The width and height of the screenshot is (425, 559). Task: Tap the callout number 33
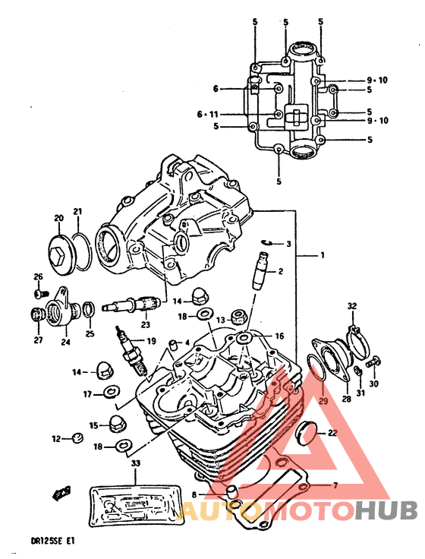pos(136,464)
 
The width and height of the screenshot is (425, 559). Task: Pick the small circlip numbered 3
pos(266,242)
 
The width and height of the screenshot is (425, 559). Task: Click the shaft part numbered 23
pos(132,305)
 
